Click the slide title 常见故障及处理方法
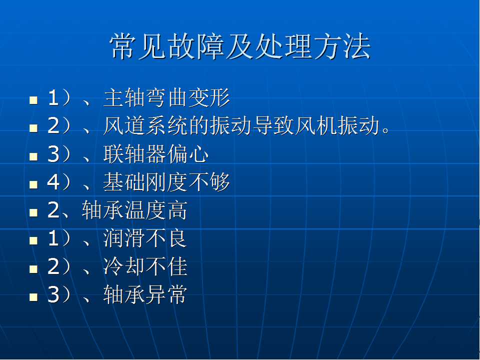tap(240, 46)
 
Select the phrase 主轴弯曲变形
tap(167, 98)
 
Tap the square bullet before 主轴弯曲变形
tap(33, 100)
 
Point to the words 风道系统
tap(145, 126)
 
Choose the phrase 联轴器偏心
tap(156, 154)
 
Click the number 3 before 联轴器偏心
tap(53, 154)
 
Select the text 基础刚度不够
tap(166, 182)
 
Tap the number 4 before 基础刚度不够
tap(53, 182)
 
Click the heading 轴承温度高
tap(134, 210)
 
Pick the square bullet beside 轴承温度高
tap(33, 212)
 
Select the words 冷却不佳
tap(145, 266)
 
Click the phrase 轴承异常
tap(145, 294)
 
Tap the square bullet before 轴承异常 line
tap(33, 296)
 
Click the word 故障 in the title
tap(196, 46)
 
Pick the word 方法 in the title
tap(342, 46)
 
